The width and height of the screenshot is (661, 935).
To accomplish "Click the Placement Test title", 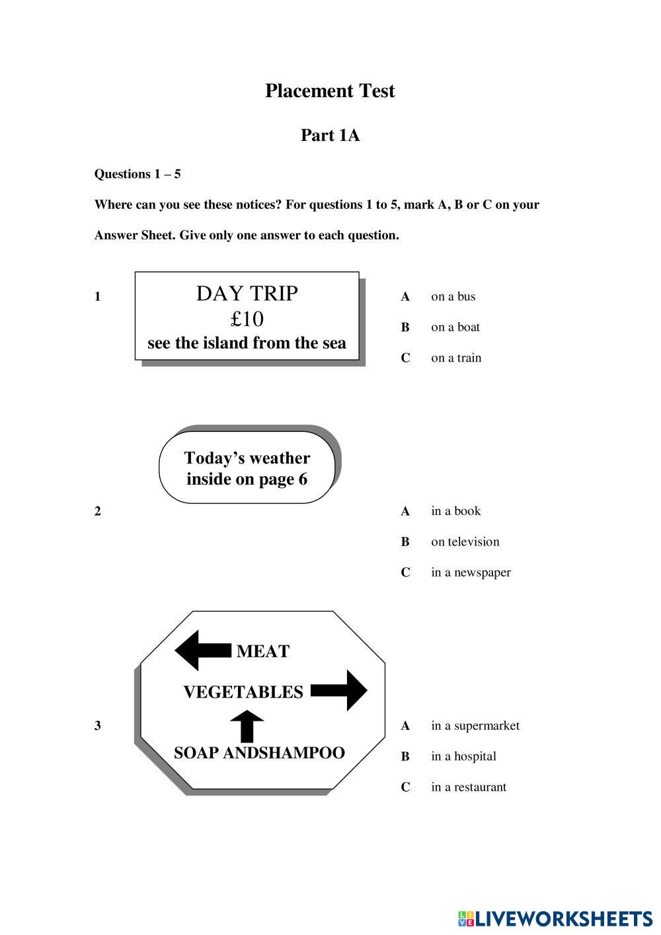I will [x=330, y=91].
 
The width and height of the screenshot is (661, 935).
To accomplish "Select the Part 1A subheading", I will [x=330, y=135].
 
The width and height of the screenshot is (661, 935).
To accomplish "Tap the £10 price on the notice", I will [x=247, y=319].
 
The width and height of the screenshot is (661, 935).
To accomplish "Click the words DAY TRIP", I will [x=247, y=293].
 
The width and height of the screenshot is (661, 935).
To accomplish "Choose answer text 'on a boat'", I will [x=455, y=327].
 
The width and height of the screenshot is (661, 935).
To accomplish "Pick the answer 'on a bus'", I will [x=453, y=296].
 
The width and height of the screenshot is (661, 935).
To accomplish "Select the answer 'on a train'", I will [x=456, y=358].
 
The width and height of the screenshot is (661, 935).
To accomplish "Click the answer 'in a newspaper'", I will [x=471, y=572].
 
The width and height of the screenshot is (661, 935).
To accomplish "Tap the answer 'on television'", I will [x=465, y=542].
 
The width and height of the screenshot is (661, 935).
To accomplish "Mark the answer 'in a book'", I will [x=455, y=511].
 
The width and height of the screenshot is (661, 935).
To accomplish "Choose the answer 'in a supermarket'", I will [x=475, y=725].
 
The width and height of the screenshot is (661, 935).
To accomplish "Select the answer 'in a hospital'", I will [x=463, y=756].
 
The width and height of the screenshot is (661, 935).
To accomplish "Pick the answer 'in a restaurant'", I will [x=469, y=787].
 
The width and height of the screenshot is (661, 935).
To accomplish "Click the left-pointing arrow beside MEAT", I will [x=202, y=650].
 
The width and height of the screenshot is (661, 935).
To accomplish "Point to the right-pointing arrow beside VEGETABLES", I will [x=339, y=690].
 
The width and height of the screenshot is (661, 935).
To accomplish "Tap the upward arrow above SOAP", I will [x=247, y=725].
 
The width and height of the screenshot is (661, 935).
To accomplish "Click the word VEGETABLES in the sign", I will [x=243, y=692].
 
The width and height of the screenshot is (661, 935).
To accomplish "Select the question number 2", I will [x=98, y=511].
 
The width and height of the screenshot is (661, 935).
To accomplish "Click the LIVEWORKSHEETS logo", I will [x=555, y=918].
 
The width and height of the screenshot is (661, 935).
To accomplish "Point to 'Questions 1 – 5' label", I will [x=137, y=174].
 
